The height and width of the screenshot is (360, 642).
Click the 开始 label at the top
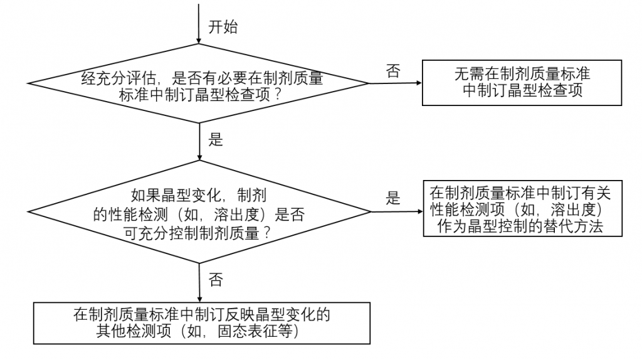(x=223, y=28)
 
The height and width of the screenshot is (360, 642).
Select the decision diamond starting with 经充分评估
(x=199, y=84)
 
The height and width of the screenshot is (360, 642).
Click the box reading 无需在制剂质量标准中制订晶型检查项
(x=522, y=82)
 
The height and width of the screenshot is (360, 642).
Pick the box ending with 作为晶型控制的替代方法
(x=522, y=210)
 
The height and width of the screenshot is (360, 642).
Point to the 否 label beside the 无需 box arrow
(x=393, y=71)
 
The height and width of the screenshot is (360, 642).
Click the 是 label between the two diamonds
(x=215, y=140)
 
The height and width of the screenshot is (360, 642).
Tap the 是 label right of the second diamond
(x=393, y=199)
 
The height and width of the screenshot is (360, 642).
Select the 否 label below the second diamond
(x=215, y=279)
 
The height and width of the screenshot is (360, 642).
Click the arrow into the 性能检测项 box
(x=395, y=211)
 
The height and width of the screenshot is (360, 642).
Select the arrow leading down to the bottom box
(x=199, y=282)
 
